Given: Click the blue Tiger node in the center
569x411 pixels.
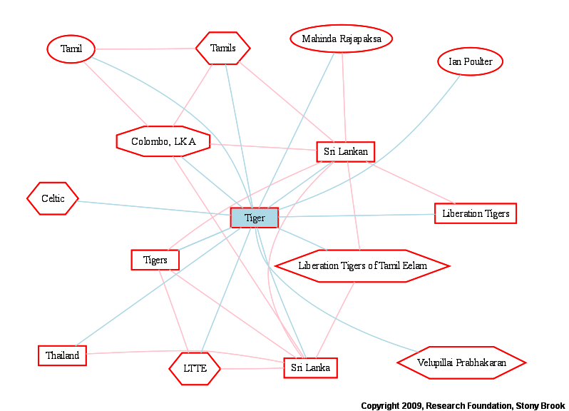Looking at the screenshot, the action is pos(255,218).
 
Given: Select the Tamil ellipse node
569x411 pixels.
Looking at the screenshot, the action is pos(71,49).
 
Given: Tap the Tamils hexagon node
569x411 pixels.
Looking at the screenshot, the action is pos(222,49).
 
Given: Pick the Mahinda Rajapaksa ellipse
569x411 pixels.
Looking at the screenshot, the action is pos(341,39).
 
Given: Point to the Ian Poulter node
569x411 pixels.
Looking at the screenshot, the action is pos(471,61).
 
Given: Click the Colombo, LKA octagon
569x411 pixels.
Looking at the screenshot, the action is pos(163,141).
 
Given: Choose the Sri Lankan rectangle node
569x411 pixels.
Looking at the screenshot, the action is pos(345,152).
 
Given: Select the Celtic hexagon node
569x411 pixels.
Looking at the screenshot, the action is pos(53,198).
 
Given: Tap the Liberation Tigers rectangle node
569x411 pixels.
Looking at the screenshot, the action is pos(476,213).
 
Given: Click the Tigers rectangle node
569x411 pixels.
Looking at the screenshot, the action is pos(155,260).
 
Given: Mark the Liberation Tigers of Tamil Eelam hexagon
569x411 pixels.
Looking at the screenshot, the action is pos(362,265).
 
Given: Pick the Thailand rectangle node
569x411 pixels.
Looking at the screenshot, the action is pos(63,355).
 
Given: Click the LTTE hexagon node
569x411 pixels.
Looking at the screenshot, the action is pos(195,368).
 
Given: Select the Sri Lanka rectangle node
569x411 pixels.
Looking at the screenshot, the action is pos(311,367).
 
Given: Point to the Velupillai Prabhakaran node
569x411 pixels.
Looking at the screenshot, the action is pos(461,362).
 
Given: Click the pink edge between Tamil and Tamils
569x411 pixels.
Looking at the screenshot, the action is pos(145,49).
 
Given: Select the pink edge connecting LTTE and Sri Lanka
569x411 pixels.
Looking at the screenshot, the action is pos(252,368).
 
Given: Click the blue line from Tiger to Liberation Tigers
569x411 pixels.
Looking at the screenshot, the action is pos(357,215).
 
